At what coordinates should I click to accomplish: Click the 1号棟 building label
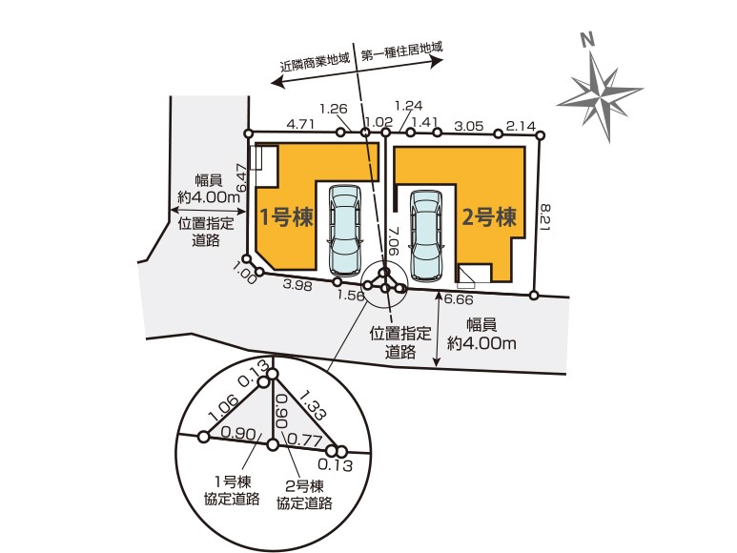pyautogui.click(x=287, y=217)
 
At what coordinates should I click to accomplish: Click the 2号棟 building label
pyautogui.click(x=489, y=217)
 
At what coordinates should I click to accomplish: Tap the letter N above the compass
pyautogui.click(x=586, y=40)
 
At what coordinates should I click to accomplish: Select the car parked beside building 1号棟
pyautogui.click(x=345, y=230)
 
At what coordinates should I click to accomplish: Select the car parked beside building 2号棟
pyautogui.click(x=426, y=236)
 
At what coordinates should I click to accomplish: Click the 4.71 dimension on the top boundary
pyautogui.click(x=300, y=125)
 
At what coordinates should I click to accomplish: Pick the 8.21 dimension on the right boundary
pyautogui.click(x=546, y=216)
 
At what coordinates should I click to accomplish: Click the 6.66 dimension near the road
pyautogui.click(x=459, y=299)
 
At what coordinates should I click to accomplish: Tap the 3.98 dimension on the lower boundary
pyautogui.click(x=297, y=284)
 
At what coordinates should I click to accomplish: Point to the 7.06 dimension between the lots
pyautogui.click(x=394, y=241)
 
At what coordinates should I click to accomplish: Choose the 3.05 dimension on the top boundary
pyautogui.click(x=469, y=126)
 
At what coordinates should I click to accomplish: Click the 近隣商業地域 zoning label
pyautogui.click(x=316, y=64)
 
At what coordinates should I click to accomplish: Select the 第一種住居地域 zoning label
pyautogui.click(x=402, y=51)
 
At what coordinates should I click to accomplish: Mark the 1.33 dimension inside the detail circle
pyautogui.click(x=311, y=405)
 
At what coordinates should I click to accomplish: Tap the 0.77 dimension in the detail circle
pyautogui.click(x=304, y=440)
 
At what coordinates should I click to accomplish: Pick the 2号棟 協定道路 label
pyautogui.click(x=304, y=495)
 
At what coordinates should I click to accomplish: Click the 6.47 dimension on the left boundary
pyautogui.click(x=241, y=176)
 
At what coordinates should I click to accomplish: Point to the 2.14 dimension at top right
pyautogui.click(x=521, y=127)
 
